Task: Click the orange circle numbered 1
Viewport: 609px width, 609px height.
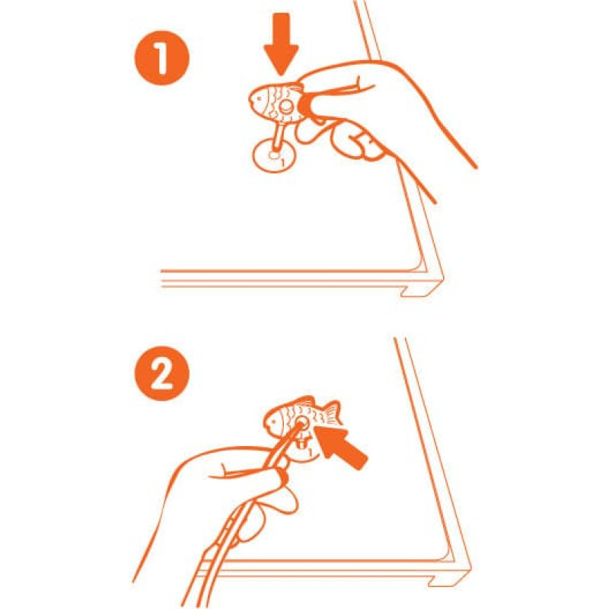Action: (x=162, y=58)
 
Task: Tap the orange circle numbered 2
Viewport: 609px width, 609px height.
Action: (x=162, y=374)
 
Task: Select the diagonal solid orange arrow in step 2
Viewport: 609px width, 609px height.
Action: (x=340, y=447)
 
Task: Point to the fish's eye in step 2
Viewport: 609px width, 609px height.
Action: (x=274, y=421)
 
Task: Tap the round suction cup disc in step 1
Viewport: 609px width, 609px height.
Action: (x=274, y=155)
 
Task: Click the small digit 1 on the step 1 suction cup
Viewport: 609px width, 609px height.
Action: (x=282, y=162)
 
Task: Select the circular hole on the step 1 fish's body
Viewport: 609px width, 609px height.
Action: (x=286, y=105)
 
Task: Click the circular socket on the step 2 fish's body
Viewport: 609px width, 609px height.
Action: (x=301, y=423)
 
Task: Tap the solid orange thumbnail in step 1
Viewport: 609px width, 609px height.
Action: (x=303, y=104)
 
